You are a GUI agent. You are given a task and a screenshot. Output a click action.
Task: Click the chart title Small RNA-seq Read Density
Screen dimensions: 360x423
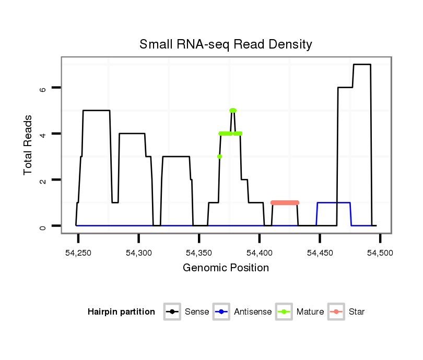coord(226,44)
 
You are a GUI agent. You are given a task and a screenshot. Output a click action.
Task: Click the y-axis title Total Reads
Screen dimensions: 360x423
coord(29,145)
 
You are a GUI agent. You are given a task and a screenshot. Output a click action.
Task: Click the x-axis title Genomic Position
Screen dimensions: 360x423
coord(226,268)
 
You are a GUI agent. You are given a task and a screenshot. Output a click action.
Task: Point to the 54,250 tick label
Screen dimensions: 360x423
coord(78,253)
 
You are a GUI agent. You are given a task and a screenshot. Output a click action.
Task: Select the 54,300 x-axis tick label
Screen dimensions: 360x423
coord(138,253)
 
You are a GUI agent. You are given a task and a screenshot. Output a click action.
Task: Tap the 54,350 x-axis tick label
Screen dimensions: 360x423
coord(199,253)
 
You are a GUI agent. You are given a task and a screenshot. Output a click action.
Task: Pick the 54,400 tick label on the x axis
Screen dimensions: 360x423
coord(260,253)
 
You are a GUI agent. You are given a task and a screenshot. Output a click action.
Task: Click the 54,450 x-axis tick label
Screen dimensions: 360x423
coord(320,253)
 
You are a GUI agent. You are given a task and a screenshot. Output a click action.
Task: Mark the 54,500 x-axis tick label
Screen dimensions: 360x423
coord(380,253)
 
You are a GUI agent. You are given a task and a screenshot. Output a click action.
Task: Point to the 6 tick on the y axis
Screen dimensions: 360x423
coord(43,88)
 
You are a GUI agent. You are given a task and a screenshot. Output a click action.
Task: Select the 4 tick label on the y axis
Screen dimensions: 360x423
coord(43,134)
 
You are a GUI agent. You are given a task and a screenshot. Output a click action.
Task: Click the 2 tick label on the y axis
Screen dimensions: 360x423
coord(43,180)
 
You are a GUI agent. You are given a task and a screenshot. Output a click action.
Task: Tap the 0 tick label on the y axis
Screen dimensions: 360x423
coord(43,226)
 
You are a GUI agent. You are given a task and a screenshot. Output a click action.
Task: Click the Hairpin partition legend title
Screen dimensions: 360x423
coord(121,312)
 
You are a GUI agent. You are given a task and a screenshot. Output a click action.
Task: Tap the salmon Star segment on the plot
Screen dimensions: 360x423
coord(285,202)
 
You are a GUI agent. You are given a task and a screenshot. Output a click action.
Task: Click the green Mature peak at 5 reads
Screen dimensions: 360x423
coord(233,110)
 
